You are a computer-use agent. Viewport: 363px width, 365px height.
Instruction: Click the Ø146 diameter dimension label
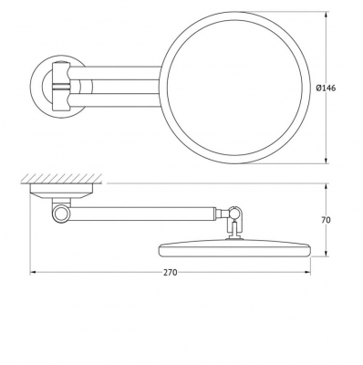pos(326,89)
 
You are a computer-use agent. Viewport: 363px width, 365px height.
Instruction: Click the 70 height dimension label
pos(326,220)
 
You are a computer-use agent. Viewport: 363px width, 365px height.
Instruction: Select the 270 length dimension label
pos(171,273)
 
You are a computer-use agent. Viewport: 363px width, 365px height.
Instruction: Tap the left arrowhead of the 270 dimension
pos(33,273)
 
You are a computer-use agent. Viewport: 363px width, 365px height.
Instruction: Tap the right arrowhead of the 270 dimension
pos(307,273)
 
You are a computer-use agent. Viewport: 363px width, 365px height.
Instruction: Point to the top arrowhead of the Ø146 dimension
pos(327,16)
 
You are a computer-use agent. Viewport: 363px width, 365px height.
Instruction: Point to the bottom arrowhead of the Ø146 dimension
pos(327,161)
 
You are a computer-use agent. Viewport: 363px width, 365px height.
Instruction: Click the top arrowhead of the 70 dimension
pos(327,187)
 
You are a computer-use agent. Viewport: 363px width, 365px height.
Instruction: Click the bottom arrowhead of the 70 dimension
pos(327,253)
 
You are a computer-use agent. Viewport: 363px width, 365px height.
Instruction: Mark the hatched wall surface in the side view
pos(61,179)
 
